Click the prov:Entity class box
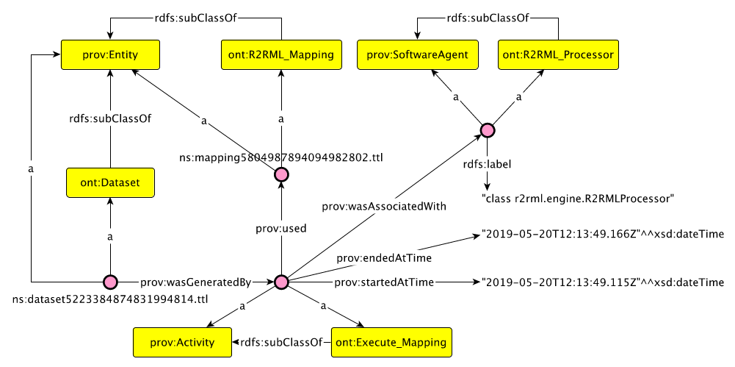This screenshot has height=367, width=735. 110,55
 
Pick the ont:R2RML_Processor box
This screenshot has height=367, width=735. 558,55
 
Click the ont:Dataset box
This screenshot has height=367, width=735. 110,182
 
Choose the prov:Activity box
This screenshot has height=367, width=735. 182,342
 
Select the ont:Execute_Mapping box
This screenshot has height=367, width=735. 392,342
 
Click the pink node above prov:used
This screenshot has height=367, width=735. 280,175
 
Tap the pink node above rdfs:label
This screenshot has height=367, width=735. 487,129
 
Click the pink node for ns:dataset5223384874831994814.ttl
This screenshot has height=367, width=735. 110,282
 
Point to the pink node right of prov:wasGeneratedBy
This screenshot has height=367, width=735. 280,282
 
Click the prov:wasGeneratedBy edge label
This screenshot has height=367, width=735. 196,282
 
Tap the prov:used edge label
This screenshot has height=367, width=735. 280,229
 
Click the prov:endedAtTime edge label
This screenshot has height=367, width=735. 384,257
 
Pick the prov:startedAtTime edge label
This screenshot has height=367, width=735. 384,282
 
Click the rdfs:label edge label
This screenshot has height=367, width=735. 487,165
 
